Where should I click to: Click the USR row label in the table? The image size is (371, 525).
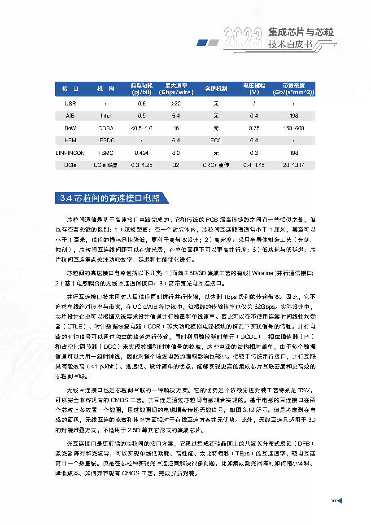70,104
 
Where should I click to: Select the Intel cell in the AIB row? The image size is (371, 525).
106,116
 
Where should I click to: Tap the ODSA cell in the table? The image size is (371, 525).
106,128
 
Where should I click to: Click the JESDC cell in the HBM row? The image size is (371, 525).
106,140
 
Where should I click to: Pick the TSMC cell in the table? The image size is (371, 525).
106,153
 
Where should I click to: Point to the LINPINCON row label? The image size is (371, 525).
70,153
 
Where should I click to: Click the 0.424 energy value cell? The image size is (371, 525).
142,153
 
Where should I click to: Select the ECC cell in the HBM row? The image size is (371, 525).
216,140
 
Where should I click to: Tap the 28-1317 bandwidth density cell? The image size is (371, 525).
294,165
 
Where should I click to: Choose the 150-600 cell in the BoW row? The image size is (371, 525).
294,128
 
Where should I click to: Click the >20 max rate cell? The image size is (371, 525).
176,104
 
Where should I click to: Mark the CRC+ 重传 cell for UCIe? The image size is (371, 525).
216,165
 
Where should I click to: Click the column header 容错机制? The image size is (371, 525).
216,89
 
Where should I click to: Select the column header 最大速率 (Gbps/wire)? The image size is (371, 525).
176,89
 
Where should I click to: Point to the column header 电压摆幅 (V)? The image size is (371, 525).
254,89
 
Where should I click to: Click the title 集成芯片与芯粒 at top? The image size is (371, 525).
301,33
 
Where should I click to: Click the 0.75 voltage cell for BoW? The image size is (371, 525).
254,128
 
